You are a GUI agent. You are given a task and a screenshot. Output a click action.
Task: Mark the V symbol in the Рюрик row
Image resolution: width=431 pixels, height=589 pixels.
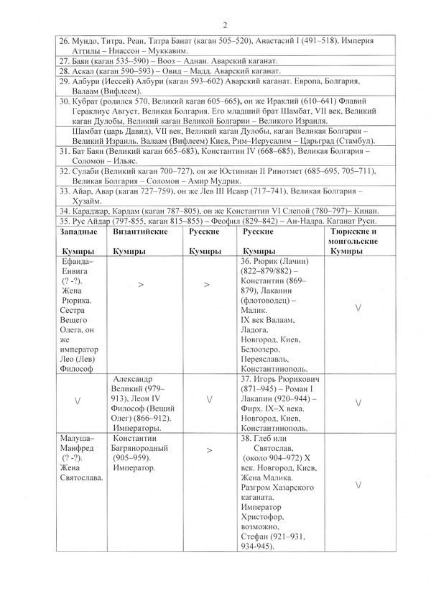coord(358,308)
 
